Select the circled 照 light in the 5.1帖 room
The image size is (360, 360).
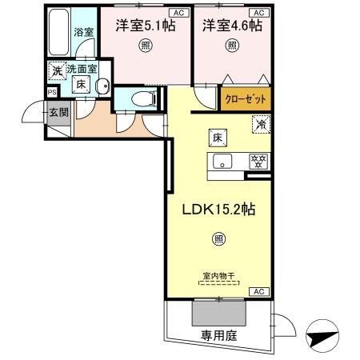(x=145, y=46)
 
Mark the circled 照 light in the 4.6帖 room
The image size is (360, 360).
(x=231, y=46)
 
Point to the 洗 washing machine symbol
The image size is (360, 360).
(x=57, y=70)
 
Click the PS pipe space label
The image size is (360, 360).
(x=51, y=92)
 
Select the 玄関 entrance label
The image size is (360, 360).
(x=58, y=112)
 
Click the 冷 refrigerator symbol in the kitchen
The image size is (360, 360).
(x=260, y=124)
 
